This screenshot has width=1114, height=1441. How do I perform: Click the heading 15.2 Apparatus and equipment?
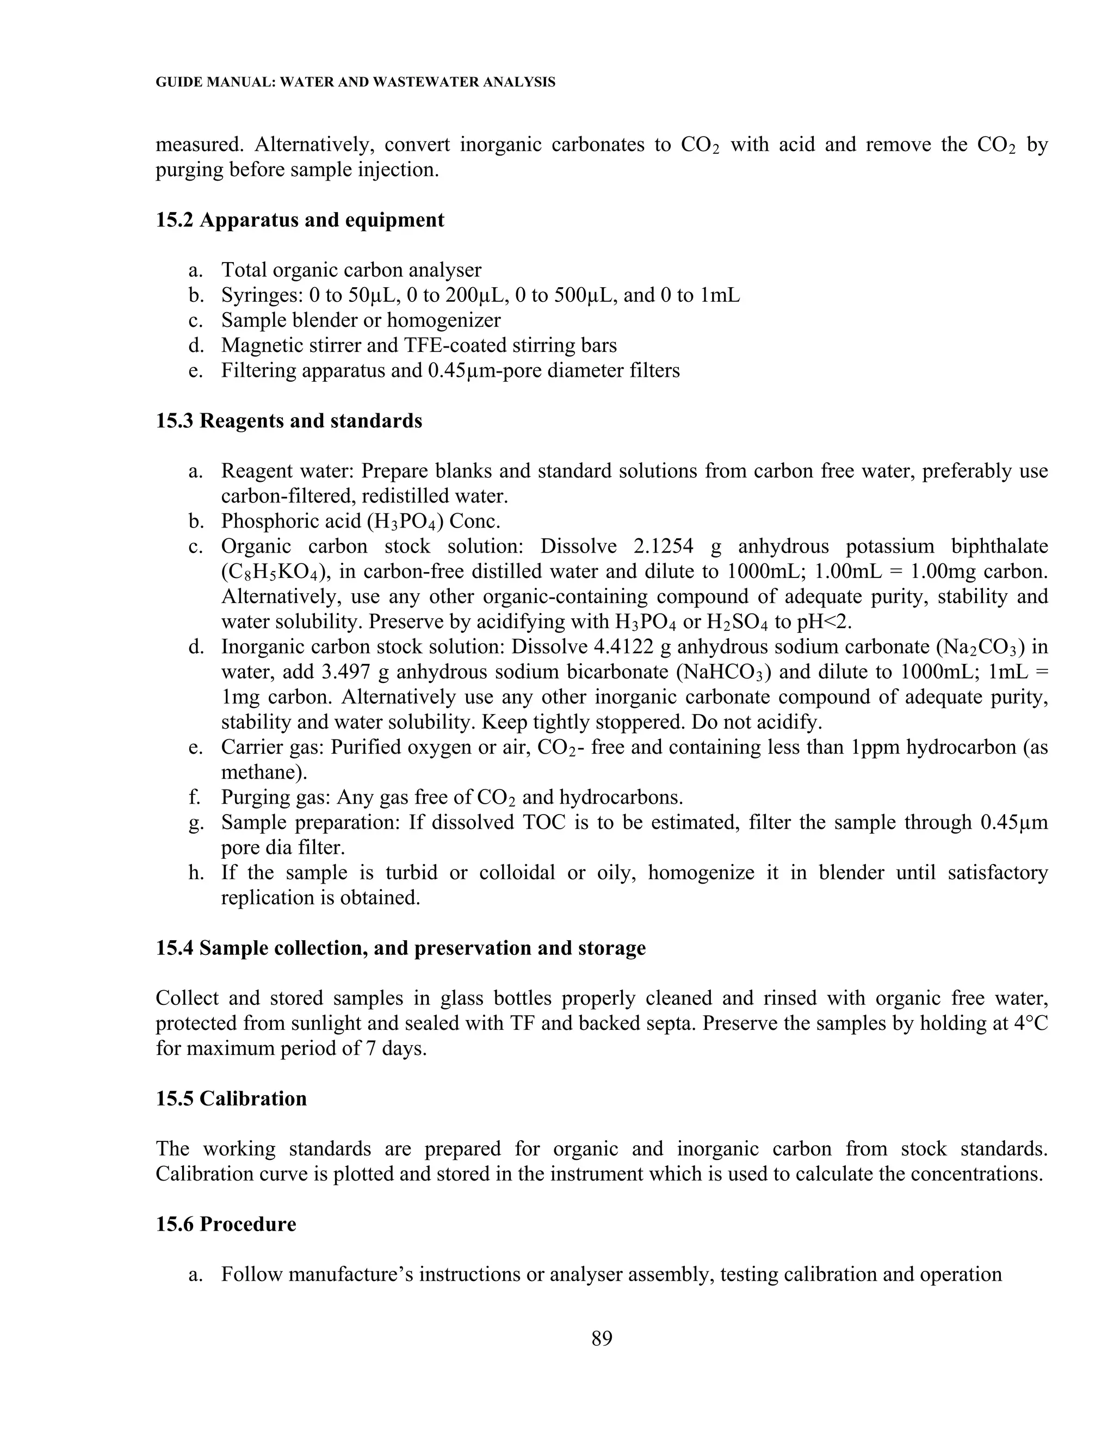[300, 220]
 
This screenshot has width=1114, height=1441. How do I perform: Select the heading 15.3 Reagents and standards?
[288, 420]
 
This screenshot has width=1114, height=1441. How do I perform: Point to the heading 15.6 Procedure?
[226, 1224]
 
